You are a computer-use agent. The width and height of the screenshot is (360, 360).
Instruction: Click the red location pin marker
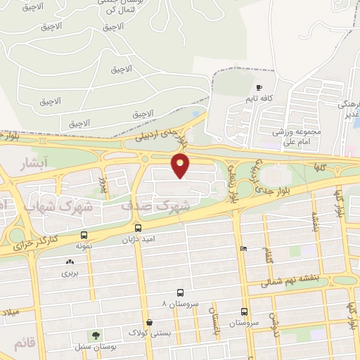click(x=181, y=165)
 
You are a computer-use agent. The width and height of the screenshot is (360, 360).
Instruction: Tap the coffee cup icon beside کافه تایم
click(x=259, y=89)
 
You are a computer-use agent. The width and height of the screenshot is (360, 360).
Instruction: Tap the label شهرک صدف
click(x=165, y=207)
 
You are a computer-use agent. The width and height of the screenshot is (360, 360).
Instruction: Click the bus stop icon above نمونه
click(x=84, y=236)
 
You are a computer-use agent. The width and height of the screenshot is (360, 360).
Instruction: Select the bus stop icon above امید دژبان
click(x=138, y=228)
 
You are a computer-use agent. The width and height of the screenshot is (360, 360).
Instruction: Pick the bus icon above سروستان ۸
click(x=181, y=292)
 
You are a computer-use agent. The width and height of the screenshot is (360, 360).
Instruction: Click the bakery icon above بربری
click(x=68, y=262)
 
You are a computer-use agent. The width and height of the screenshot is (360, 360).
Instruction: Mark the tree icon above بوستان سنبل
click(x=91, y=335)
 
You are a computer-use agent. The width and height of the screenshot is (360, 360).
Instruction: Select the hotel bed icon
click(x=243, y=248)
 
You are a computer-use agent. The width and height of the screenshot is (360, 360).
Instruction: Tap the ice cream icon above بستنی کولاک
click(x=149, y=322)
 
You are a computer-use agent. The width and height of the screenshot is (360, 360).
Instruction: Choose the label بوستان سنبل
click(x=91, y=347)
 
